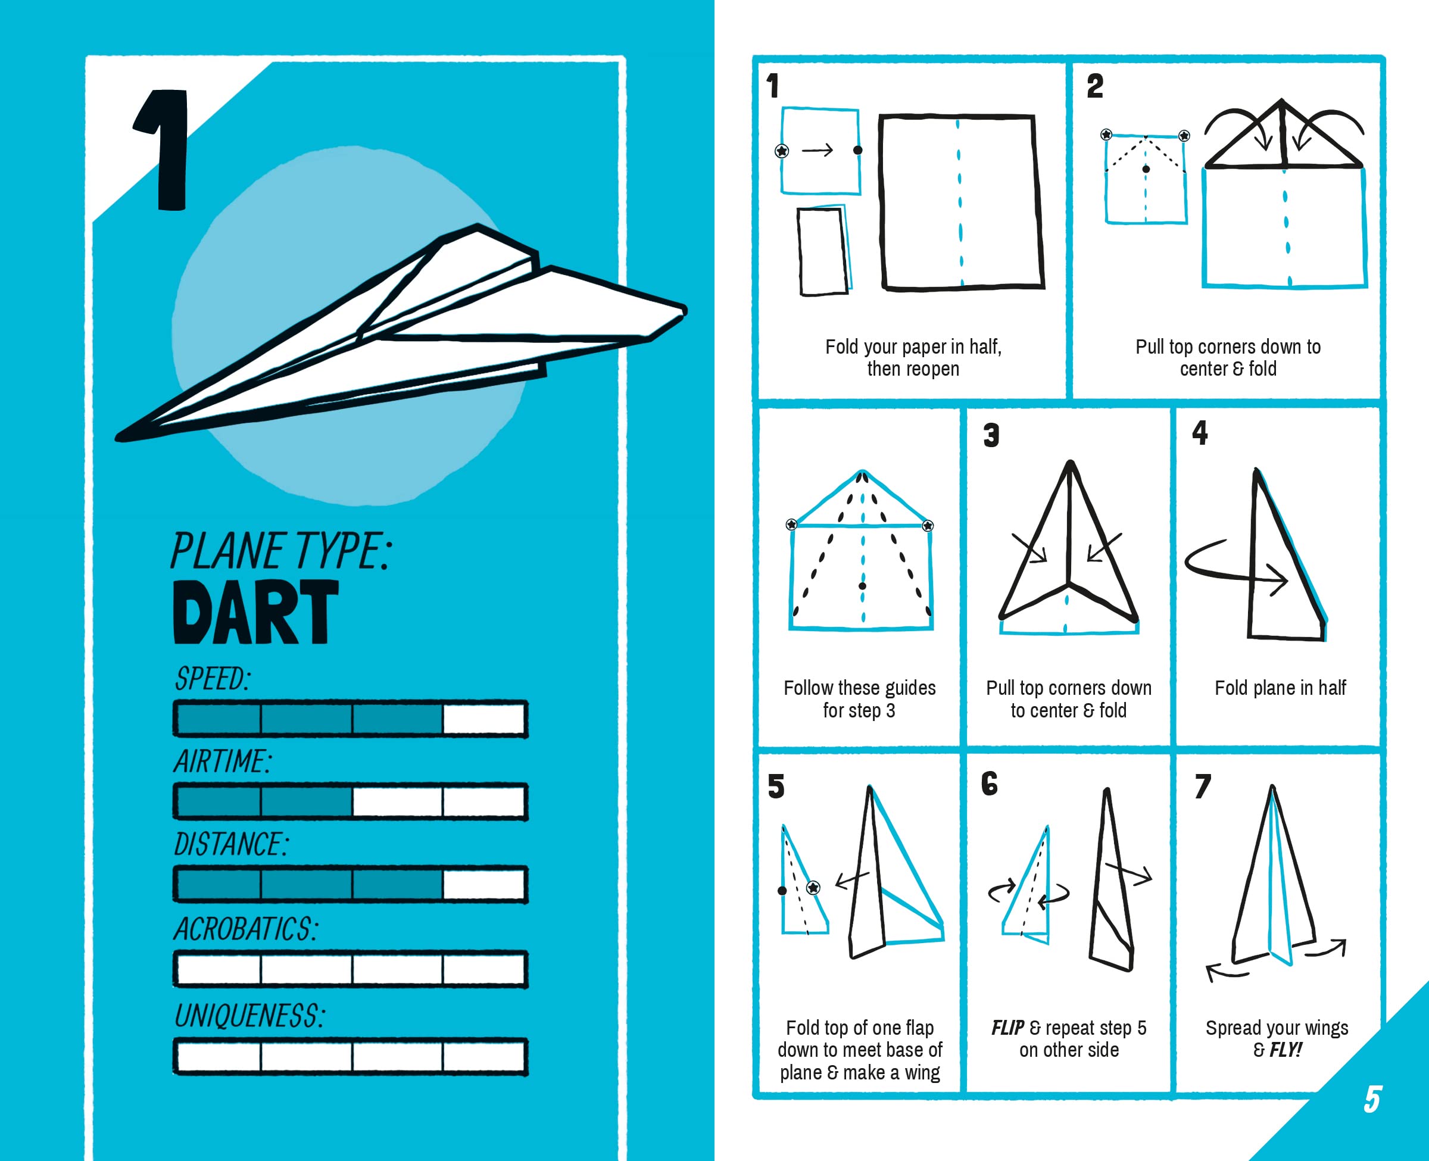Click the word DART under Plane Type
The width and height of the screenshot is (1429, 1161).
(x=255, y=612)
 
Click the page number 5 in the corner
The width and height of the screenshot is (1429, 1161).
(x=1372, y=1100)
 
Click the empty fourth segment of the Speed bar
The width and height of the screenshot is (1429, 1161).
(x=484, y=720)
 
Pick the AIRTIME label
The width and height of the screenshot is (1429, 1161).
(x=223, y=761)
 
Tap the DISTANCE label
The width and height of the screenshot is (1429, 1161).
(x=230, y=845)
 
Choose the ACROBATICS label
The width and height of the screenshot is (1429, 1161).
(x=246, y=929)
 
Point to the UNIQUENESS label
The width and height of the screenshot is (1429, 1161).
(x=249, y=1016)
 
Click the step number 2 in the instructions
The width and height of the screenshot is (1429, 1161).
(x=1094, y=86)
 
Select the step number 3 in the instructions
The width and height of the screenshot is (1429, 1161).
(x=991, y=435)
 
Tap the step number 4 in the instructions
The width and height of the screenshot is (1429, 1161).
(x=1200, y=433)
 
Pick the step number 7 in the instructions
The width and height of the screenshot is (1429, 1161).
(x=1202, y=787)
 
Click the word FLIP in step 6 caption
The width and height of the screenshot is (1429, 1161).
(x=1007, y=1028)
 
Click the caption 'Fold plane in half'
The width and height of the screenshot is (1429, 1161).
(x=1280, y=688)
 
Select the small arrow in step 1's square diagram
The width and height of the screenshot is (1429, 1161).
(x=817, y=151)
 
